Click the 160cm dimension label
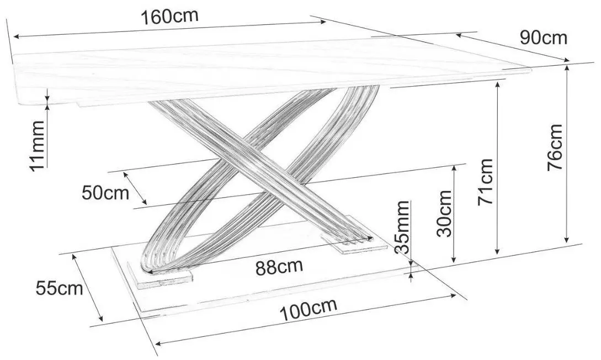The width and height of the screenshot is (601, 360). click(x=169, y=17)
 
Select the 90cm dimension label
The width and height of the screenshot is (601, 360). click(x=543, y=38)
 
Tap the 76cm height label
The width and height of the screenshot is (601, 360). click(x=555, y=147)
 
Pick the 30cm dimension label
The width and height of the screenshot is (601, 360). click(x=444, y=213)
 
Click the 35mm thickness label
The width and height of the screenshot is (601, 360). click(x=403, y=227)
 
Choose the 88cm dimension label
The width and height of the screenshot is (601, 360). click(x=279, y=267)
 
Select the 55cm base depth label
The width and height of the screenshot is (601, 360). click(x=60, y=288)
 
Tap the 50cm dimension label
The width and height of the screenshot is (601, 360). click(x=105, y=193)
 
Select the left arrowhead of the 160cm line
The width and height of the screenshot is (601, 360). click(x=17, y=37)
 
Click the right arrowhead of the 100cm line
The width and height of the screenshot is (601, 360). click(x=453, y=295)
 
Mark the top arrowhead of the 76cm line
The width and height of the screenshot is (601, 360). click(x=566, y=67)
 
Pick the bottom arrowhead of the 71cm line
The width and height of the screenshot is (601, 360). click(x=497, y=251)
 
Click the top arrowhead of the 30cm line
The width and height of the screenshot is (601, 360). click(x=455, y=169)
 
